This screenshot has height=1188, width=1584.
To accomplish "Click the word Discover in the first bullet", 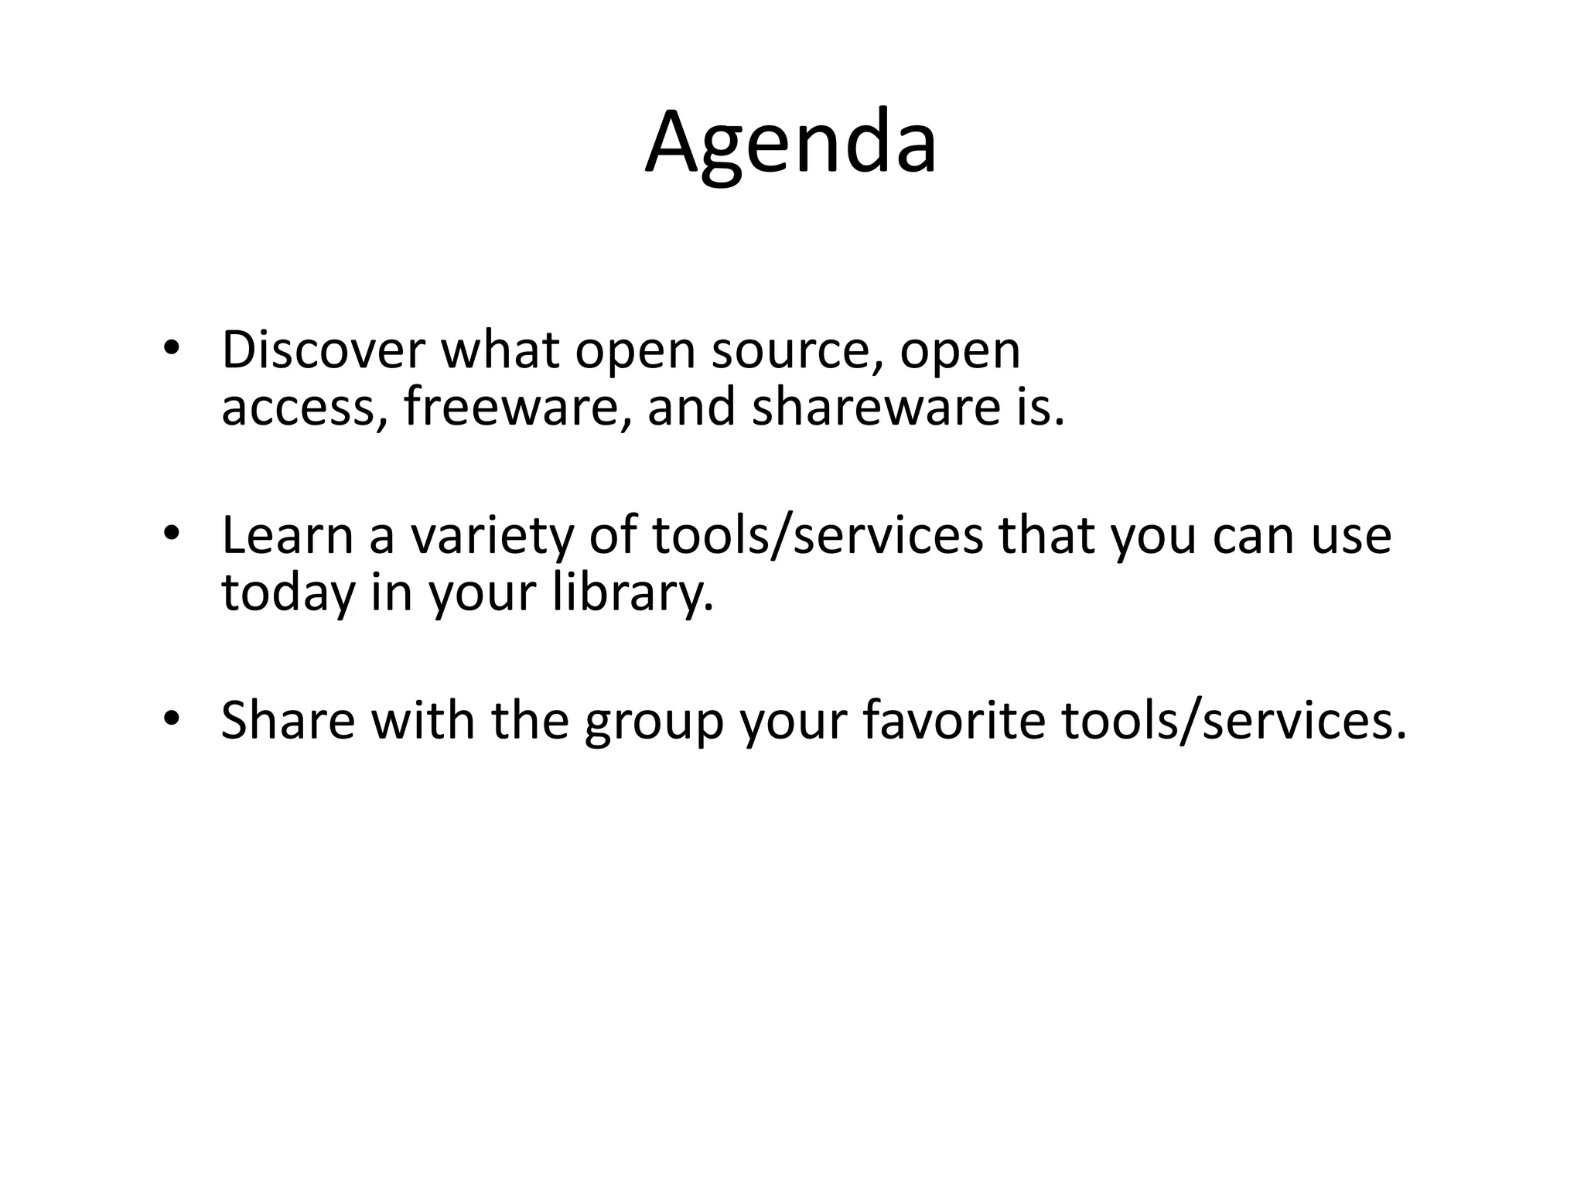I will pos(323,350).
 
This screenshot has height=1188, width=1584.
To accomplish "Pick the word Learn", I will pos(287,535).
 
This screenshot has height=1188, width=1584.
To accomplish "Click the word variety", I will pos(490,537).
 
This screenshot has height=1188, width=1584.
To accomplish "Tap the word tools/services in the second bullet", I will pos(818,535).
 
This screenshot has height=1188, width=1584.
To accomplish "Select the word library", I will pos(633,593).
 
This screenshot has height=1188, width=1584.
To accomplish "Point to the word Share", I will pos(287,720).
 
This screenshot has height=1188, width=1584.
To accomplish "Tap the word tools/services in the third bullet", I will pos(1233,720).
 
